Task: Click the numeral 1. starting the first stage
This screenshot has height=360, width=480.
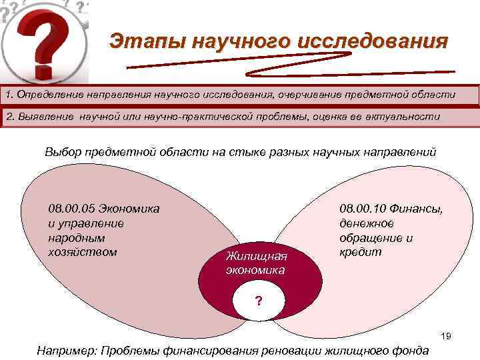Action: (9, 95)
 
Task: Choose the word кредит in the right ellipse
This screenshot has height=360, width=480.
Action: (361, 252)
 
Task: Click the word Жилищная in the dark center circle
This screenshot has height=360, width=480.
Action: (256, 256)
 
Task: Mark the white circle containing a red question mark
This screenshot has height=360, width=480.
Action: (259, 301)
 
